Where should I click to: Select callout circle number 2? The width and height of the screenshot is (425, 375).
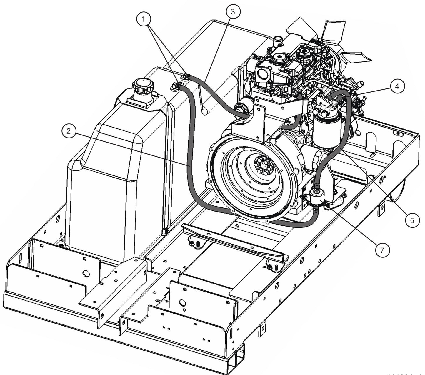point(69,131)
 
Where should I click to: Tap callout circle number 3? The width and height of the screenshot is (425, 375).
point(233,11)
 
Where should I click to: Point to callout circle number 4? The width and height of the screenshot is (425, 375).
point(397,86)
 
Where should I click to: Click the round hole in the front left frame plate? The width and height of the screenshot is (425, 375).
point(86,274)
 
